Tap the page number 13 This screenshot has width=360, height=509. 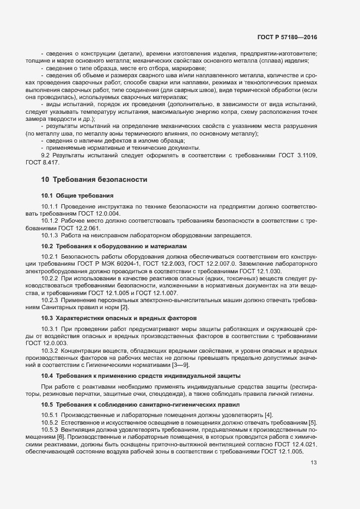click(x=313, y=463)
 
